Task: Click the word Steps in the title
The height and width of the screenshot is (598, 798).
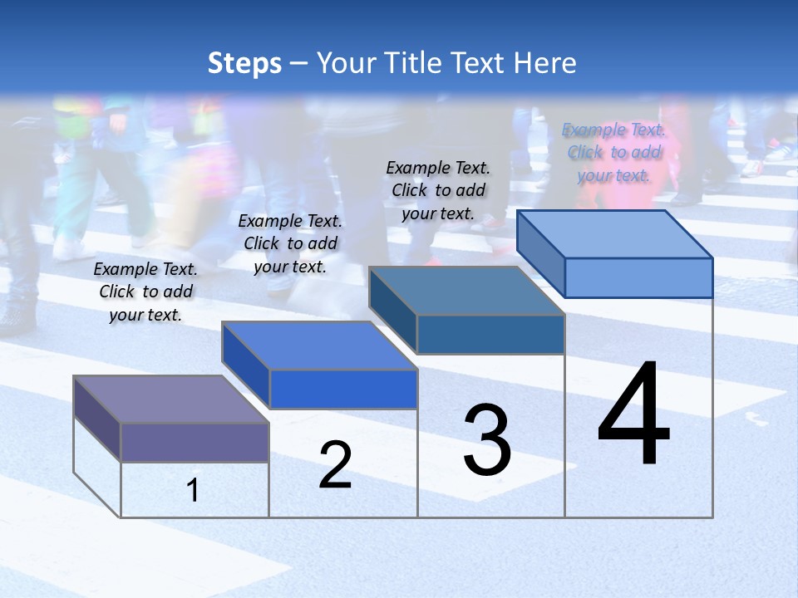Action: click(244, 63)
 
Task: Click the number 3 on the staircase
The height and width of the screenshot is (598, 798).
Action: click(487, 440)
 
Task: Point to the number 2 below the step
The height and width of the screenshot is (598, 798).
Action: click(335, 465)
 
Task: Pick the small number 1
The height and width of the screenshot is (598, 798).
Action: click(193, 490)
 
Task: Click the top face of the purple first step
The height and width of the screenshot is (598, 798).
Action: click(170, 399)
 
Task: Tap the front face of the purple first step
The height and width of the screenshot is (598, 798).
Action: click(195, 442)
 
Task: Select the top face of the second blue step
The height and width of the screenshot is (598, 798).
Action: click(319, 346)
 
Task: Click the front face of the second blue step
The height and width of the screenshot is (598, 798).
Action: click(343, 389)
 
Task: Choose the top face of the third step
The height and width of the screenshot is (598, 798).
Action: click(467, 291)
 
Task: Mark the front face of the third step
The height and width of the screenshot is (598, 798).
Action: click(490, 334)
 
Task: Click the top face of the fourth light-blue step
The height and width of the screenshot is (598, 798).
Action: click(615, 234)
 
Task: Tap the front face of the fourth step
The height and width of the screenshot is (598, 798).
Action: click(638, 277)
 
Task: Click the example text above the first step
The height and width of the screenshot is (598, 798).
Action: click(145, 292)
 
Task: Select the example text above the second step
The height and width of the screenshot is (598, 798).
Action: click(290, 243)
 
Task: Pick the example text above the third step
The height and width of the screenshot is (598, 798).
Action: click(438, 190)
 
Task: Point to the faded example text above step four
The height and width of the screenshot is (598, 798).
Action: click(613, 152)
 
